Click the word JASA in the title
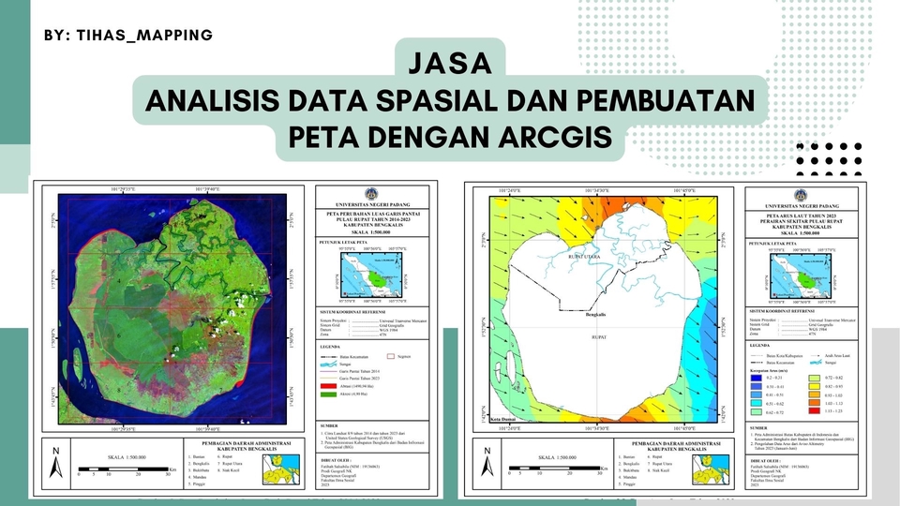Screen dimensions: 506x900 click(x=451, y=64)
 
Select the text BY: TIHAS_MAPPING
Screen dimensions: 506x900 click(x=128, y=35)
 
